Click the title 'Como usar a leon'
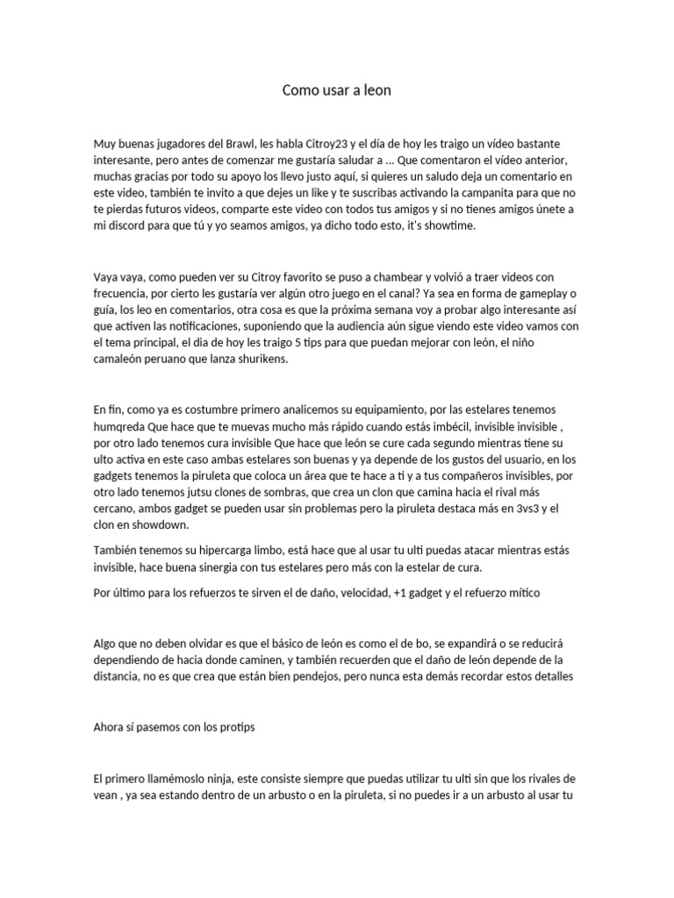(x=337, y=90)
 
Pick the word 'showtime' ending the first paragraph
(x=448, y=225)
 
